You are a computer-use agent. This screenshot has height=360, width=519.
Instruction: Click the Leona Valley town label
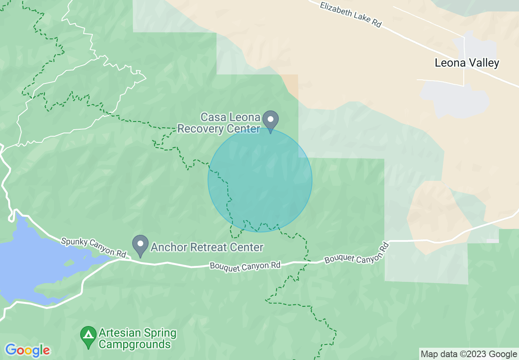click(467, 63)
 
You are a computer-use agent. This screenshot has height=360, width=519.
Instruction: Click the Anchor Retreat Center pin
click(141, 245)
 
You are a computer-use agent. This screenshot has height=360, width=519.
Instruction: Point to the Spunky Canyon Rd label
click(94, 248)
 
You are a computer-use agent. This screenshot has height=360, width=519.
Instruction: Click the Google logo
click(27, 350)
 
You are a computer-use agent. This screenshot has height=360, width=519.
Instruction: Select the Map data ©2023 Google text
click(469, 354)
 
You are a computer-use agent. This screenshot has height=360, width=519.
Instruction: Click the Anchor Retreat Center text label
click(207, 248)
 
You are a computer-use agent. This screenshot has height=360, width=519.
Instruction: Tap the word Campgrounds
click(135, 344)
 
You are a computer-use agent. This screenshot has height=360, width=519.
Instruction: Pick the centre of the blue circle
click(260, 180)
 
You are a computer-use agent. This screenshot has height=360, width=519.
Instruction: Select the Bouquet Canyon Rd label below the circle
click(245, 265)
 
